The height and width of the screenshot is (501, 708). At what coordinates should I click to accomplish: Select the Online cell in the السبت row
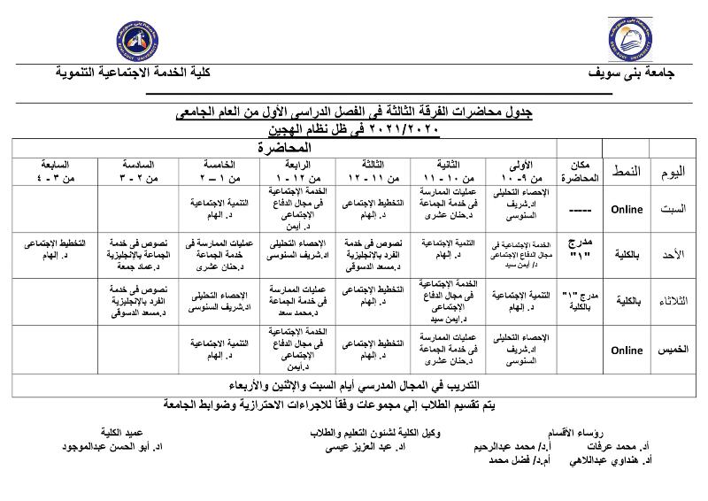coord(627,210)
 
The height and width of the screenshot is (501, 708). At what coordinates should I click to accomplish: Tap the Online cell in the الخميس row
coord(627,350)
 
